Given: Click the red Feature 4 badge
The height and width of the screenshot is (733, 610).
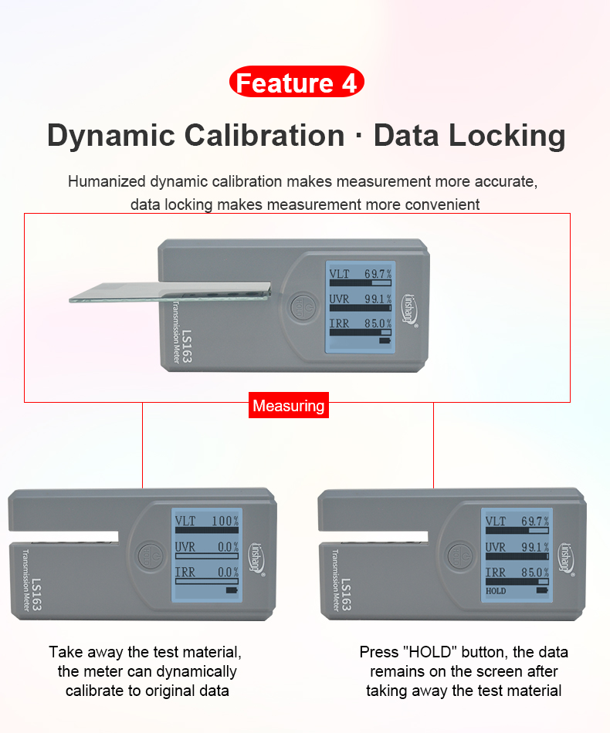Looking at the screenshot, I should tap(297, 83).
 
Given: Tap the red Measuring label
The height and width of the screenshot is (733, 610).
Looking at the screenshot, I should tap(289, 406).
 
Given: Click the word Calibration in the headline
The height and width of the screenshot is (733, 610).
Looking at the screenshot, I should tap(264, 136).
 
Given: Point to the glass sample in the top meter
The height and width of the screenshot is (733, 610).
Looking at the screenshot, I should tap(170, 290).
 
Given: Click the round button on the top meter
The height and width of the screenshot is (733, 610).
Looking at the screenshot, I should tap(300, 305).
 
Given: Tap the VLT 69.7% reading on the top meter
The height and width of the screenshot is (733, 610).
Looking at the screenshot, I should tap(360, 274).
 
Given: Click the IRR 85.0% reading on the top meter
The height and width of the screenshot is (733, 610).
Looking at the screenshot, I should tap(360, 323).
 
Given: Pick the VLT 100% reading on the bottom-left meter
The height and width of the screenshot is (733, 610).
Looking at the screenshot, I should tap(207, 522).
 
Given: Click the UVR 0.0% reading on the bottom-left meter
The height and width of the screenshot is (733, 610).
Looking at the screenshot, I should tap(207, 547).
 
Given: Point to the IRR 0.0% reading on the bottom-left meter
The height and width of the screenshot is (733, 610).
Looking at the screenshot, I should tap(207, 573).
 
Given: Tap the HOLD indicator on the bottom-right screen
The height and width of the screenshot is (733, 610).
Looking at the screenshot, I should tap(496, 591).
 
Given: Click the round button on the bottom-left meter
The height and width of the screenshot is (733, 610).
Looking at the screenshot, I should tap(147, 556).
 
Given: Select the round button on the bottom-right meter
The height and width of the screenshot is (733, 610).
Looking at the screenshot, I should tap(457, 556).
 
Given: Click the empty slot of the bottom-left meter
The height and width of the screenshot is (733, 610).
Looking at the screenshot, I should tap(66, 536).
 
